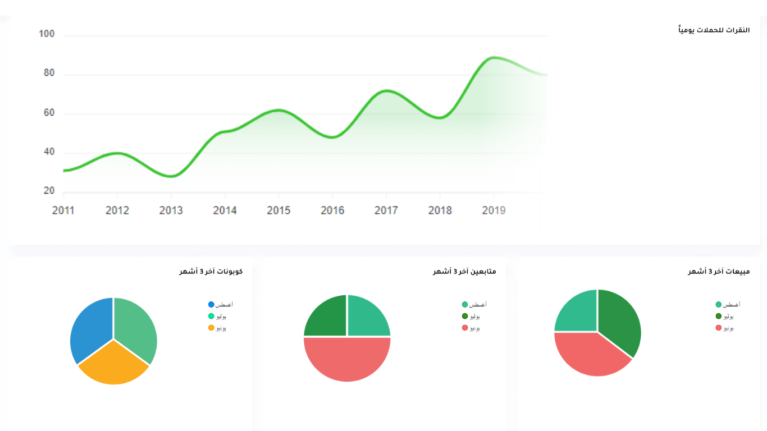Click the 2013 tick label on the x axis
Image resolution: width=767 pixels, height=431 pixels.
171,210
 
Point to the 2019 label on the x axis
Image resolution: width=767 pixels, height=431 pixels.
494,210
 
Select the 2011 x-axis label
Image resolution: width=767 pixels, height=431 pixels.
63,210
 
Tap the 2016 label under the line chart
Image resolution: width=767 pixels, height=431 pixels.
332,210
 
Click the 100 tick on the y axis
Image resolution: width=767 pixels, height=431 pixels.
47,34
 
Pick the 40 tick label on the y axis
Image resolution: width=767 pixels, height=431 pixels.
48,152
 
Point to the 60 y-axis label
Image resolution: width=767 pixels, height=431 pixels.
48,113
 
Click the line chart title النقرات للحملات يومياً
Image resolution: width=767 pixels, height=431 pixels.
714,30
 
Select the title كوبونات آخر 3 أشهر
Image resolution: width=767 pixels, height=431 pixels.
211,272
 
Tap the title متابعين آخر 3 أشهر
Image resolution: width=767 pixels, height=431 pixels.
464,272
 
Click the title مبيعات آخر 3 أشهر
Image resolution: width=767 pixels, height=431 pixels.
719,272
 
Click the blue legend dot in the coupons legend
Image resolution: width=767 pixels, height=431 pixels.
211,305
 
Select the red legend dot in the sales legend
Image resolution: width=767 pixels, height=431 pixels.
719,328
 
